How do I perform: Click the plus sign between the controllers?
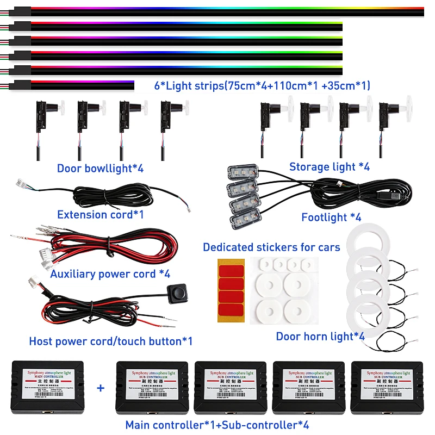[100, 388]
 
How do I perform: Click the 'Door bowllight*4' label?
[100, 168]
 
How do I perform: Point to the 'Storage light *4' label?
[329, 167]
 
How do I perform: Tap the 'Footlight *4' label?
[331, 217]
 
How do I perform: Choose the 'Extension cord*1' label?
[100, 214]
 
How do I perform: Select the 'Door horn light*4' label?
[320, 337]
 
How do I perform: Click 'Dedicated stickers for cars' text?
[271, 247]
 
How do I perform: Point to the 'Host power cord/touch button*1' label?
[110, 341]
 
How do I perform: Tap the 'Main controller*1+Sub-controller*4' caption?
[217, 425]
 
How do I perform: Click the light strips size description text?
[262, 85]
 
